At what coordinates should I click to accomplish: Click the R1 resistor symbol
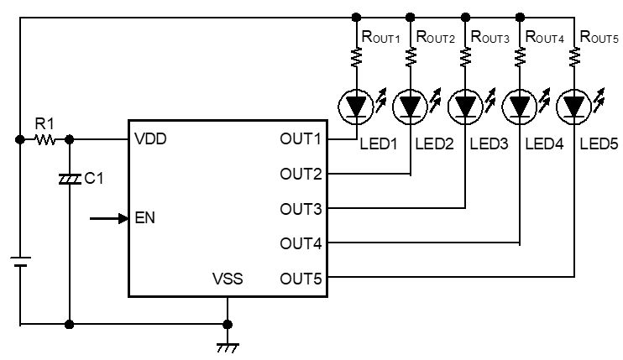click(44, 139)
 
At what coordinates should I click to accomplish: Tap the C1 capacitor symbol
click(70, 180)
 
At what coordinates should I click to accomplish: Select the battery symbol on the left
click(20, 262)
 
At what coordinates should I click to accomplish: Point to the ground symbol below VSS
click(228, 348)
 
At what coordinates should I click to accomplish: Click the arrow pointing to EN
click(109, 218)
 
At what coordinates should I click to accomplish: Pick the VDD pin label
click(150, 139)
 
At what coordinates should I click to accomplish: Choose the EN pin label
click(145, 218)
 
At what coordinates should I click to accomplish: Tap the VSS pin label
click(228, 279)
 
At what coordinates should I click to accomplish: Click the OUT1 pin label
click(301, 139)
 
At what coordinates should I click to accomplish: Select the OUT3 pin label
click(301, 209)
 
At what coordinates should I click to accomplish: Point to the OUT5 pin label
click(301, 279)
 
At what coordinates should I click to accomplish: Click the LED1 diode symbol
click(356, 107)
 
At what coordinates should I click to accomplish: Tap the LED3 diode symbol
click(465, 107)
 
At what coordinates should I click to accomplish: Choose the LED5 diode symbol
click(574, 107)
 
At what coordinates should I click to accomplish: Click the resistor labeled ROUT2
click(411, 57)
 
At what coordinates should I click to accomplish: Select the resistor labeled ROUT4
click(520, 57)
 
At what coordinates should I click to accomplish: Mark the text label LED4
click(544, 143)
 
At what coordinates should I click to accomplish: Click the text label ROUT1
click(380, 37)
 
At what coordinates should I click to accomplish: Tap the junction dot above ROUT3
click(465, 17)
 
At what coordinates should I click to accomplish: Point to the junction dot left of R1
click(20, 139)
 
